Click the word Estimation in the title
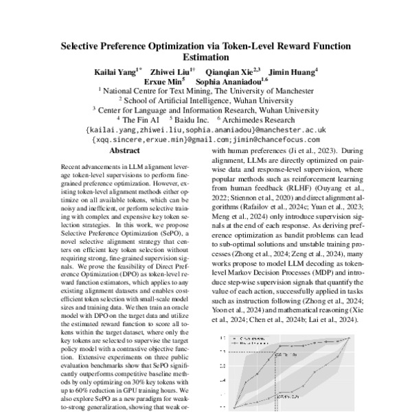205,58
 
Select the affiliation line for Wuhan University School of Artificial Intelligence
205,99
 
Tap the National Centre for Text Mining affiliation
205,89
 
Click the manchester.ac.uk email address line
205,128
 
